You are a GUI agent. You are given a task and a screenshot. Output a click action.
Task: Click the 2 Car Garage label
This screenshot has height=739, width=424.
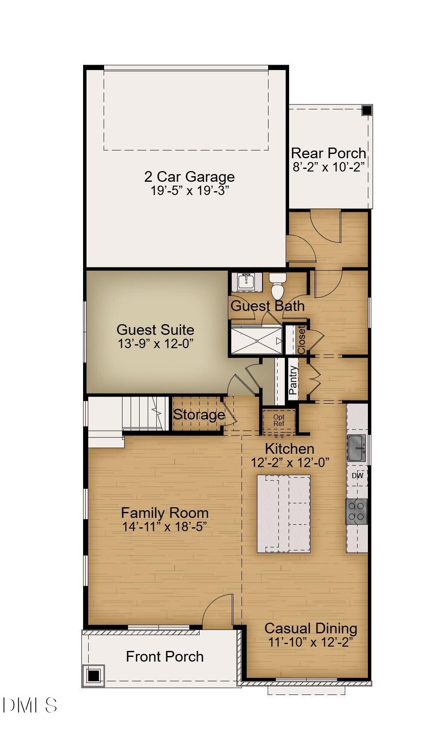[189, 177]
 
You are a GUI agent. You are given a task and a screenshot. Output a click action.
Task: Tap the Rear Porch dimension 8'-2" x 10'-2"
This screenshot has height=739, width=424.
[328, 167]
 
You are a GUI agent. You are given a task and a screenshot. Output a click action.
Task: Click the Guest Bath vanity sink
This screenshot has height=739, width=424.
[246, 282]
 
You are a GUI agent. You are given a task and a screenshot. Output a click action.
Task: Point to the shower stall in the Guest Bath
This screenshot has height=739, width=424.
[257, 340]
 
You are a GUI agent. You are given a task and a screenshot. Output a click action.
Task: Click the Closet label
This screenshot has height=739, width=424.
[302, 340]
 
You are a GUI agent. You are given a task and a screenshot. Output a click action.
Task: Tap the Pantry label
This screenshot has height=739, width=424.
[293, 380]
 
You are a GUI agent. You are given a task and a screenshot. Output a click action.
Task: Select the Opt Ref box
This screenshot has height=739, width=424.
[279, 420]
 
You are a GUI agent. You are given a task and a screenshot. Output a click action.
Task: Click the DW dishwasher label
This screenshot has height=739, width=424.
[357, 476]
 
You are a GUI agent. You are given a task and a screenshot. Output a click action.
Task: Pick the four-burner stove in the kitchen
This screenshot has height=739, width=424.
[356, 511]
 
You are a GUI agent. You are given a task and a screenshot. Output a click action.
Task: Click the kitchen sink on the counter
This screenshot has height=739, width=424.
[356, 448]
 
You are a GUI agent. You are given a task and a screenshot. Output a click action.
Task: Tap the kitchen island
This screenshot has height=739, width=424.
[284, 513]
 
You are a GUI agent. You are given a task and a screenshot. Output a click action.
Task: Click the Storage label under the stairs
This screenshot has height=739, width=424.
[199, 414]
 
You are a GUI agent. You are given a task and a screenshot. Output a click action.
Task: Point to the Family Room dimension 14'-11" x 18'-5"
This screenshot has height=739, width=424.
[164, 526]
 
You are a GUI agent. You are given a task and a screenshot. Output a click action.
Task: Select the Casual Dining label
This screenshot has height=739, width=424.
[311, 628]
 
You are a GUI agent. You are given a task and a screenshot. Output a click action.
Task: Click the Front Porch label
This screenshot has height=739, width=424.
[164, 656]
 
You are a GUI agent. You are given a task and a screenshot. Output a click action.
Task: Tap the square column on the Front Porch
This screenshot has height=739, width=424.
[93, 676]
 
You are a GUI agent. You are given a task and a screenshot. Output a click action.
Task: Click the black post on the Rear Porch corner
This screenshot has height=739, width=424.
[367, 110]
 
